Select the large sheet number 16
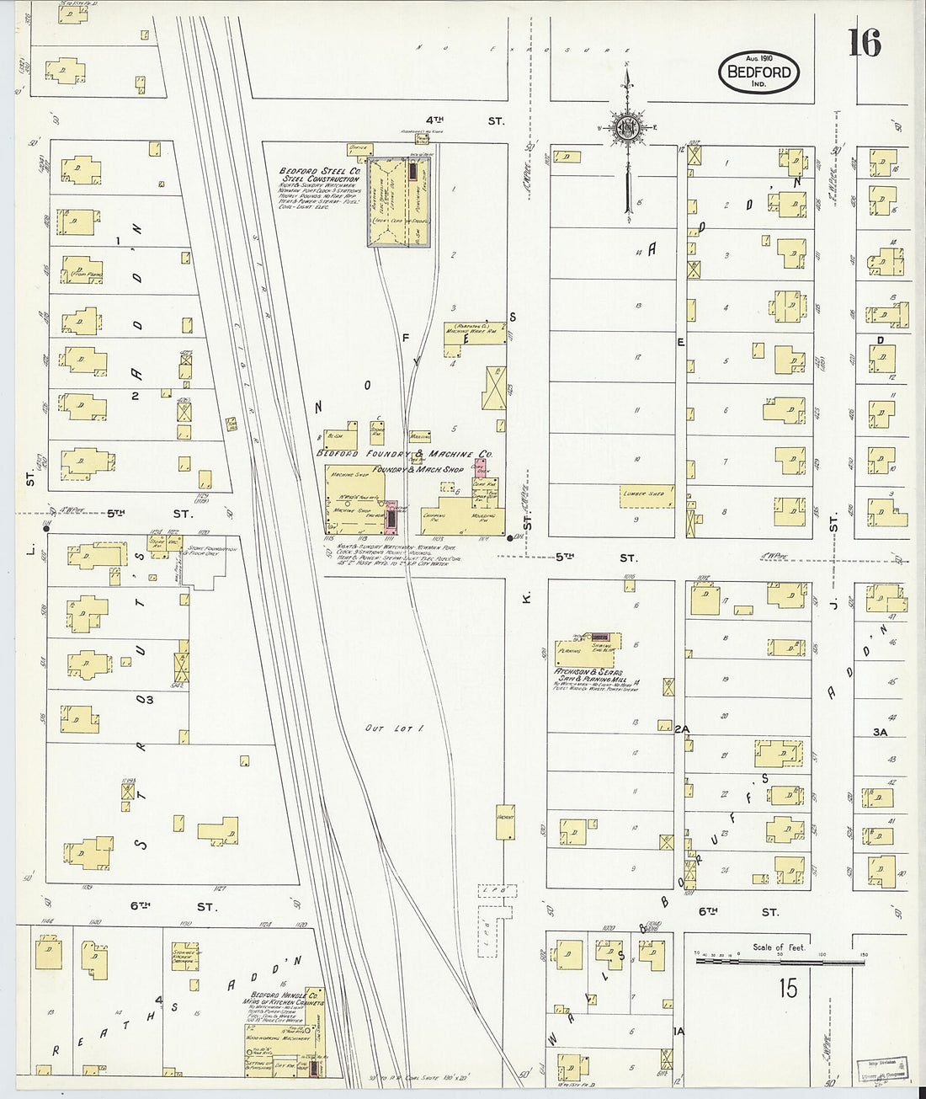click(864, 42)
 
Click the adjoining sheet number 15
click(787, 987)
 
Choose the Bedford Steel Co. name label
click(321, 174)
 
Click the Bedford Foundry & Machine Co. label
click(404, 453)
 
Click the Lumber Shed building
click(646, 495)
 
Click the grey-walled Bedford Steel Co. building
click(401, 202)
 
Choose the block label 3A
click(881, 733)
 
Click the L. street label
click(29, 549)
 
